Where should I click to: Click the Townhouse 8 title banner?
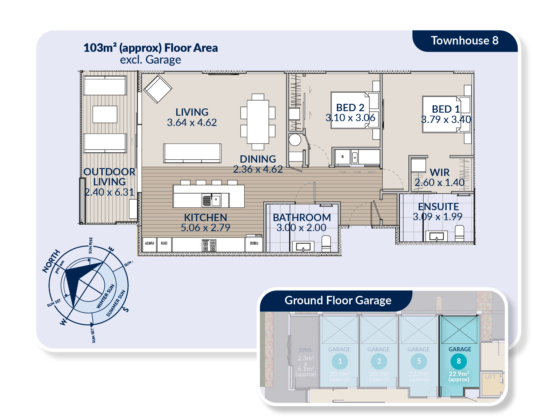point(464,41)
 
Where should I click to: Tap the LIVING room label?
point(192,112)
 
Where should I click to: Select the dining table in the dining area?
point(258,121)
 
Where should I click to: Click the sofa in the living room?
point(192,153)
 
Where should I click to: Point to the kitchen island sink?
point(216,200)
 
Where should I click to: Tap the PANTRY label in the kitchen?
point(149,243)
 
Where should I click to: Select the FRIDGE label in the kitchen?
point(254,243)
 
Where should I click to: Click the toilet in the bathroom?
point(326,244)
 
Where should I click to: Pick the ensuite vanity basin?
point(436,236)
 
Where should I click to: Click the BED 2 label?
point(350,108)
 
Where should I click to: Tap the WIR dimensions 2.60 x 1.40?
point(439,182)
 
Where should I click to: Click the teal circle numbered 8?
point(459,361)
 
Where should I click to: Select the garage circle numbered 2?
point(379,361)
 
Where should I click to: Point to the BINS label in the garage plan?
point(305,350)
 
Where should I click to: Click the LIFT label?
point(490,377)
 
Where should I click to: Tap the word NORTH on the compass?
point(51,261)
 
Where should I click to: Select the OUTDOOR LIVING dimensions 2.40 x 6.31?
point(109,192)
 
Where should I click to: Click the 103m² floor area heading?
point(151,48)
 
